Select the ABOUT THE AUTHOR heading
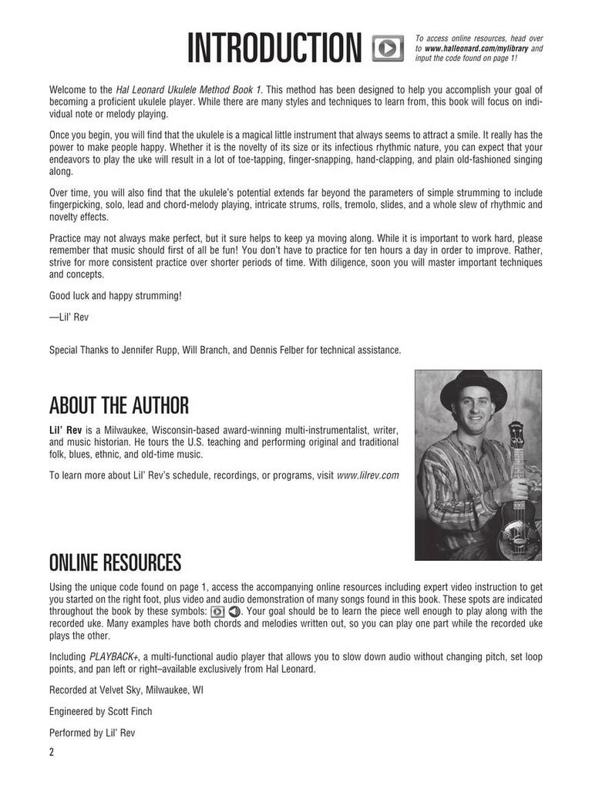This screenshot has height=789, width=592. click(x=119, y=405)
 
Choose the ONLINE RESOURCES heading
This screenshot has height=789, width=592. click(x=115, y=560)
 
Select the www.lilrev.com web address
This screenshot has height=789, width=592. click(x=368, y=475)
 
